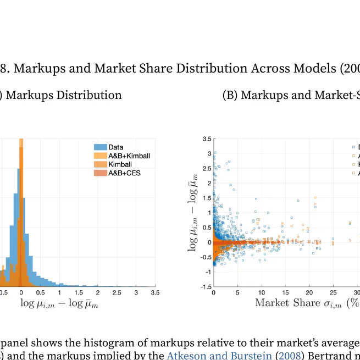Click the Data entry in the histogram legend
115,147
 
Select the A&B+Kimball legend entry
129,156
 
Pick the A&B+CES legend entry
125,173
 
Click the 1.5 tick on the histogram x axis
78,293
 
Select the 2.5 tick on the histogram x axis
117,293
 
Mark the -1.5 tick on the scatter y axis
206,287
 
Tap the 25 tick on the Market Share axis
334,293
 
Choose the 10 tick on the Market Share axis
262,293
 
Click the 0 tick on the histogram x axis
21,293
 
